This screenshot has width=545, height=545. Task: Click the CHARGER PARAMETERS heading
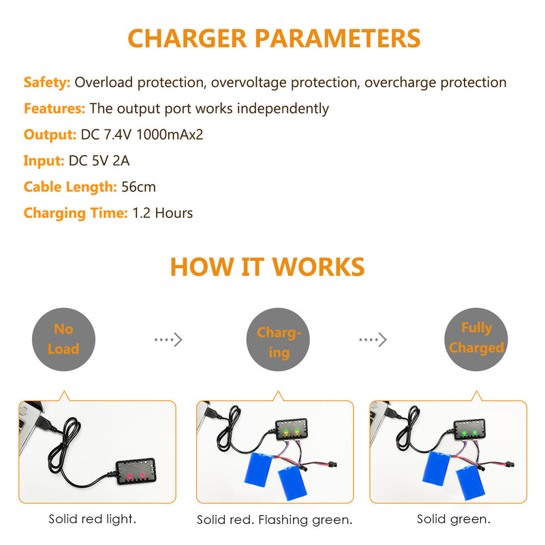(x=274, y=38)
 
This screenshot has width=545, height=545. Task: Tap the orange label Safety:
(x=47, y=82)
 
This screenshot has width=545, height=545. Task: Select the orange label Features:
(x=54, y=108)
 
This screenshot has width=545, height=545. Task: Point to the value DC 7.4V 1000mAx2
(x=142, y=134)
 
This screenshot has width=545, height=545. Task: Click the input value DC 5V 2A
(x=99, y=161)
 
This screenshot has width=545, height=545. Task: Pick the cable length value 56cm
(x=138, y=187)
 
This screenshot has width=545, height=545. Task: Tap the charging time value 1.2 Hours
(x=163, y=213)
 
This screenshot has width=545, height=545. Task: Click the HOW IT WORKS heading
(x=267, y=267)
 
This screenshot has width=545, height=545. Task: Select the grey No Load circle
(x=63, y=339)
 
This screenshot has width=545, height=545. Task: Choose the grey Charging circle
(x=278, y=339)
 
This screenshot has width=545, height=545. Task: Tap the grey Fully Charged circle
(x=476, y=339)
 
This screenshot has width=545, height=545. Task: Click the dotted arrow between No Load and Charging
(x=168, y=339)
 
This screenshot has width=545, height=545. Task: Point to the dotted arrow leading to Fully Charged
(x=373, y=339)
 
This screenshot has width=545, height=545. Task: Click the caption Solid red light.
(x=93, y=519)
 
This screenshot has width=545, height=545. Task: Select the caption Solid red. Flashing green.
(x=275, y=520)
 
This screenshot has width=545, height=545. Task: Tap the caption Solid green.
(x=454, y=519)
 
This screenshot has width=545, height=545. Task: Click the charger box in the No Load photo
(x=136, y=471)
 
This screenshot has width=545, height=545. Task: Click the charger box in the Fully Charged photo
(x=469, y=430)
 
